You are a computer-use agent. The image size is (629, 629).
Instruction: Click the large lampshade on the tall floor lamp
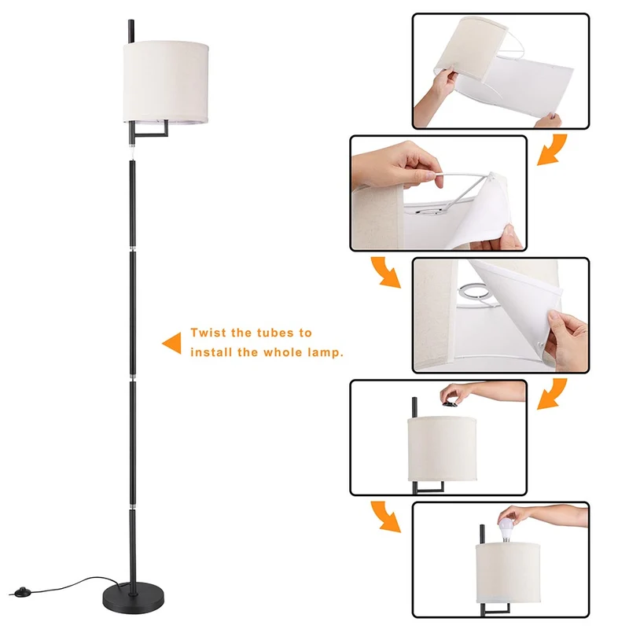click(x=166, y=82)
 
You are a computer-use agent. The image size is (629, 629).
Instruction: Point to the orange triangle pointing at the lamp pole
click(x=171, y=343)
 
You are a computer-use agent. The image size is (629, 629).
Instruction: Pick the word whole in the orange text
click(x=283, y=352)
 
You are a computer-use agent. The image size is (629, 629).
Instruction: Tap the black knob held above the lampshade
click(x=451, y=403)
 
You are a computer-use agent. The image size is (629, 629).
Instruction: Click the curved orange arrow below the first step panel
click(x=552, y=149)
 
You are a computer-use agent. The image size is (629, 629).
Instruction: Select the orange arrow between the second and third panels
click(x=385, y=272)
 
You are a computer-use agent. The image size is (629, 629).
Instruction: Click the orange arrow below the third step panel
click(x=552, y=394)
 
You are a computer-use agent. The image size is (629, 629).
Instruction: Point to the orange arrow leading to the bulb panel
click(x=385, y=517)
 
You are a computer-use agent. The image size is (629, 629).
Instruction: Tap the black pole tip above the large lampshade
click(x=131, y=31)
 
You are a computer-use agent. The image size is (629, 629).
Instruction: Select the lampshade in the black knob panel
click(x=442, y=449)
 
